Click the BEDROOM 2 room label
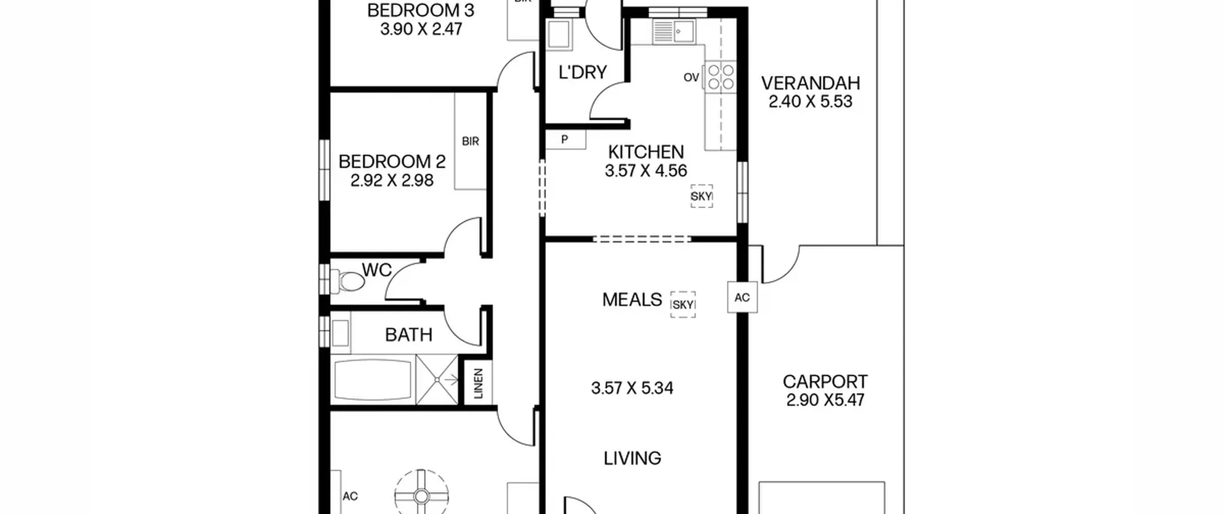coord(392,162)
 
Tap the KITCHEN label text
coord(646,152)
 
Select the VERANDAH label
coord(810,83)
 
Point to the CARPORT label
coord(825,382)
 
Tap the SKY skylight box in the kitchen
coord(701,196)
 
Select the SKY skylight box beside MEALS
coord(683,305)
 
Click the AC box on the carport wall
coord(742,297)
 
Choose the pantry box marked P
coord(565,140)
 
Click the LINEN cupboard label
coord(478,383)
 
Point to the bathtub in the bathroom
coord(373,380)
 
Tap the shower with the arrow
coord(437,380)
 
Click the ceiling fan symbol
coord(421,496)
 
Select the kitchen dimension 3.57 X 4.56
coord(646,171)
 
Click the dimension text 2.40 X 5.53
coord(810,102)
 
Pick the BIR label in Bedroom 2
coord(470,142)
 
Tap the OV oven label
coord(691,77)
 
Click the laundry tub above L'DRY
coord(558,34)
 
